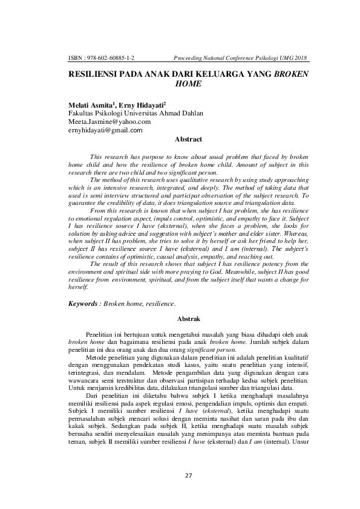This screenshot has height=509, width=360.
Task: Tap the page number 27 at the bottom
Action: pos(188,475)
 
